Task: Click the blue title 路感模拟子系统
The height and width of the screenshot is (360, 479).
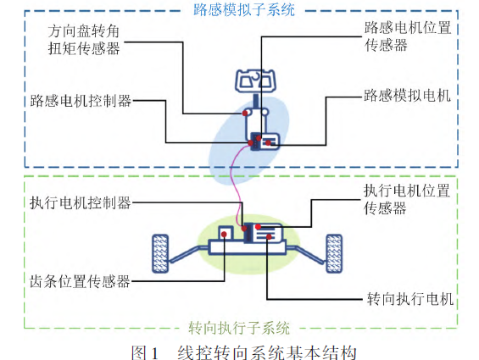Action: click(x=244, y=10)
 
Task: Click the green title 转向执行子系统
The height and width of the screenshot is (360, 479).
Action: click(x=239, y=328)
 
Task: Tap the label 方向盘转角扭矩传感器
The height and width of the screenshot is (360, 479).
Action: click(x=84, y=40)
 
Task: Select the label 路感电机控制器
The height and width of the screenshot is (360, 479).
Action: click(x=81, y=101)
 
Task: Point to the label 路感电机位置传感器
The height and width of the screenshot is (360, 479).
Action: click(x=408, y=36)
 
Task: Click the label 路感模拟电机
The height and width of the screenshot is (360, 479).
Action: click(x=407, y=96)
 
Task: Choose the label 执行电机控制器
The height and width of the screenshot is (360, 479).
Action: click(x=81, y=202)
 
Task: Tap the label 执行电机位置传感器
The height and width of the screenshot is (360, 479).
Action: click(x=407, y=199)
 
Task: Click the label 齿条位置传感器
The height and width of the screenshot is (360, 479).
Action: click(x=80, y=281)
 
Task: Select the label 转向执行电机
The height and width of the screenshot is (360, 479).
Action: click(x=409, y=298)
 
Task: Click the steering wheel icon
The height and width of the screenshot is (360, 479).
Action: click(x=255, y=80)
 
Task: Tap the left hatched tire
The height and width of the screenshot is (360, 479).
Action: click(x=160, y=253)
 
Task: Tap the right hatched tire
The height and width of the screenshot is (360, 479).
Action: click(x=334, y=253)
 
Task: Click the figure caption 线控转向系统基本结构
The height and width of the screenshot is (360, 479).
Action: click(x=267, y=352)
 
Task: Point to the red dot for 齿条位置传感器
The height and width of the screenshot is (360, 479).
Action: click(x=224, y=234)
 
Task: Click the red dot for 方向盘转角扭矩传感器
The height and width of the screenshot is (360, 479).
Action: click(x=245, y=114)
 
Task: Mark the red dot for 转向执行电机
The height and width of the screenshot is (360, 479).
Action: click(x=269, y=236)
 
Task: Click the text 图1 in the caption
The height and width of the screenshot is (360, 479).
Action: click(x=145, y=352)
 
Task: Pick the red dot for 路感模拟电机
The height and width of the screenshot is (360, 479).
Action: click(x=268, y=142)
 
